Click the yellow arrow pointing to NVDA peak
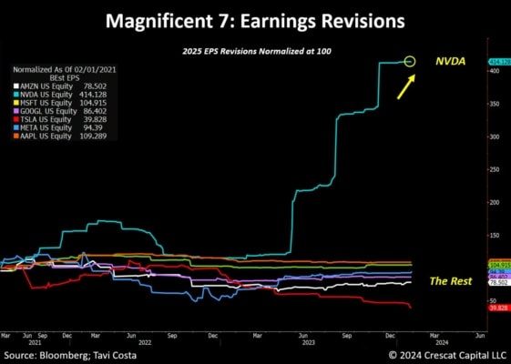(405, 86)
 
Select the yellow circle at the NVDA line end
(410, 62)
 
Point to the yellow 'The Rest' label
(450, 281)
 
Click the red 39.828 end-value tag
(497, 308)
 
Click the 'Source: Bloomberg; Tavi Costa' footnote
(70, 355)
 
